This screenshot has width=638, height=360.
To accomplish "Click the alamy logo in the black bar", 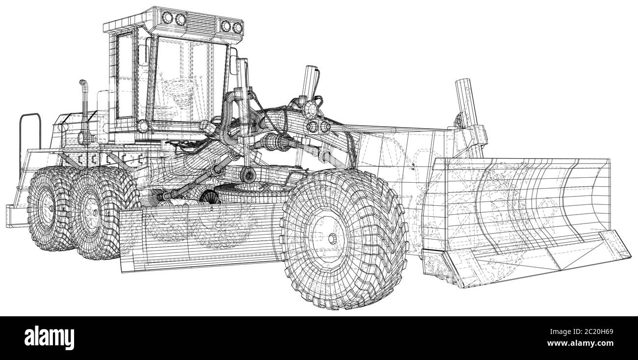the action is (x=49, y=338).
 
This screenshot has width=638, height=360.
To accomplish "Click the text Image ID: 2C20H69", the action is (x=582, y=332).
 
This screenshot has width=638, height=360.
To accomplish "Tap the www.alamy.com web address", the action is (x=580, y=343).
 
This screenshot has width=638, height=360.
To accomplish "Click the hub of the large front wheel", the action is (x=332, y=239).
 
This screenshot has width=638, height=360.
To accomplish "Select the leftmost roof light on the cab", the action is (x=167, y=18).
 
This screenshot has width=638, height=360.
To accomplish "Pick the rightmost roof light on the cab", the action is (x=237, y=28).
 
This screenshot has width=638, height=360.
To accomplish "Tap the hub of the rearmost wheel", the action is (x=51, y=208).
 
